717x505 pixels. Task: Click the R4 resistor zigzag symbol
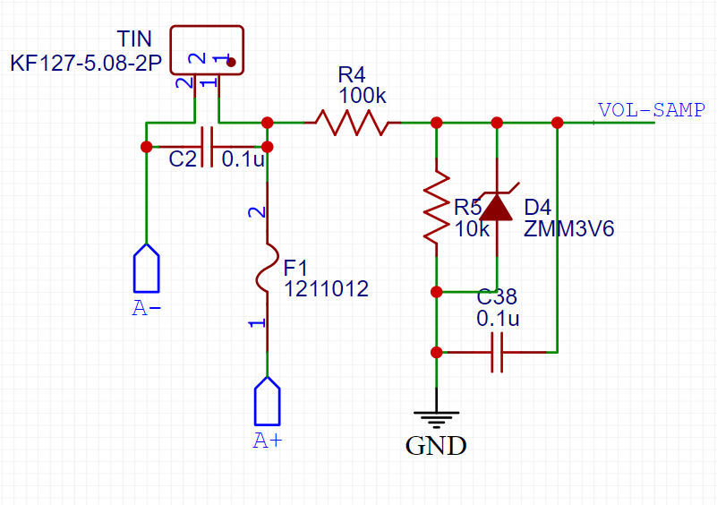(350, 123)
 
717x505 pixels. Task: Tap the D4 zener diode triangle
(497, 208)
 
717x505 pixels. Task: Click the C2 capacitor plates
(206, 146)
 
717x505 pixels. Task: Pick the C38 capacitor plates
(497, 353)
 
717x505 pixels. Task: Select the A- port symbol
(146, 267)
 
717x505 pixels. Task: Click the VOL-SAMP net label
(638, 110)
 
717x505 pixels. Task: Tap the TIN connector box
(207, 50)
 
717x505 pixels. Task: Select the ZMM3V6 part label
(569, 228)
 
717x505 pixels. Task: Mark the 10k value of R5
(472, 228)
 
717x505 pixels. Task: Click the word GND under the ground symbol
(436, 445)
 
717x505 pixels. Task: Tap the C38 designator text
(497, 297)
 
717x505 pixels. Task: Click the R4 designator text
(352, 73)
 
